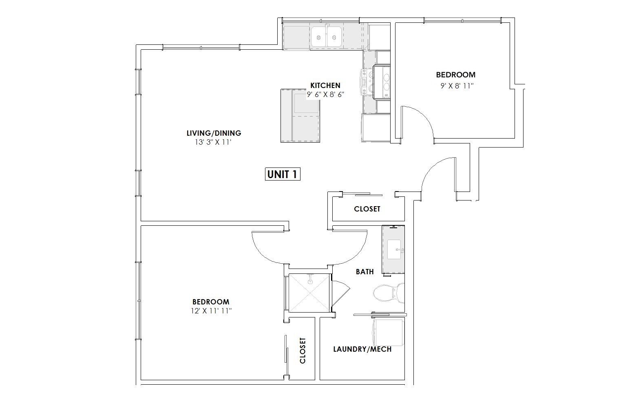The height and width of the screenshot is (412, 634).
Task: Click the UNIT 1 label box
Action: pos(283,174)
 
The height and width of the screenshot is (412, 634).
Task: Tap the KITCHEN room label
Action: pos(325,85)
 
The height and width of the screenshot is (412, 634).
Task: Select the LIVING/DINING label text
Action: pos(214,133)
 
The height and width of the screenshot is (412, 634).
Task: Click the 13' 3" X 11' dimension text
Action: pos(213,142)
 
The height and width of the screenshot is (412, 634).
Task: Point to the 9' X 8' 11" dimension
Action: pos(457,86)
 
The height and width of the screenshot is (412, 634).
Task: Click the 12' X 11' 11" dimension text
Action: pos(212,311)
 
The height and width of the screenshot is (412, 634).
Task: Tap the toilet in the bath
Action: pos(389,293)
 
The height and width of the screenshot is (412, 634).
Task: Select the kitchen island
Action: pos(300,116)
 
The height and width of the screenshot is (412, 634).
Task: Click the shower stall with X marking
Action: pos(309,293)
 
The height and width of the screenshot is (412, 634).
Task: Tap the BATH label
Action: pos(364,272)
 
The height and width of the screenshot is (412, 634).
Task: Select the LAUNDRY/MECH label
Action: pos(362,349)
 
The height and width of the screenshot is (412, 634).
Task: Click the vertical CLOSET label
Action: pos(303,350)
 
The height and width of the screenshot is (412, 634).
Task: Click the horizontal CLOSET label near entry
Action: pos(367,209)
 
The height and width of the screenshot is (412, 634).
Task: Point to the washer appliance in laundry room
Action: pos(387,333)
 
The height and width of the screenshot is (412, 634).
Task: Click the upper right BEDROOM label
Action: pos(456,75)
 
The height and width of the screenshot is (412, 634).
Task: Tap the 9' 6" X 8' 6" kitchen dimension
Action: pos(325,95)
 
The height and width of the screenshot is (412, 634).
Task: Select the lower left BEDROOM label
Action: pos(211,302)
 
